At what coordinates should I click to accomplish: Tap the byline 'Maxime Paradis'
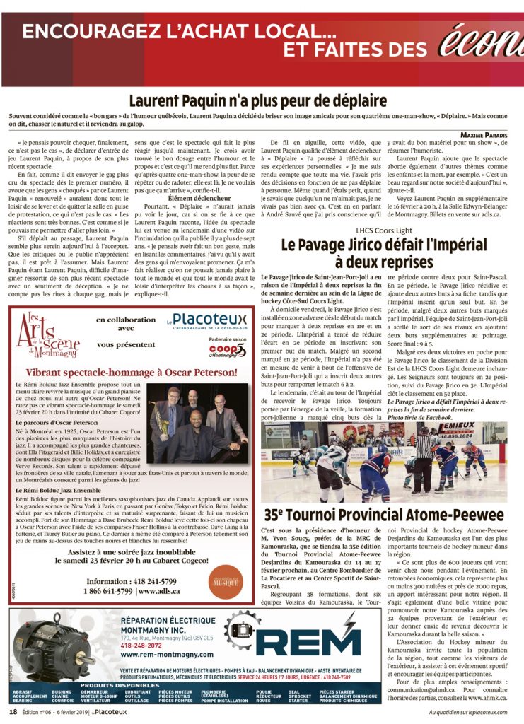(489, 134)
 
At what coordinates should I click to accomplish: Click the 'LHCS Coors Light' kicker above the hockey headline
(384, 230)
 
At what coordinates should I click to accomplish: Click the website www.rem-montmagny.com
(153, 654)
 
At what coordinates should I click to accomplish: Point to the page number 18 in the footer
(13, 712)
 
